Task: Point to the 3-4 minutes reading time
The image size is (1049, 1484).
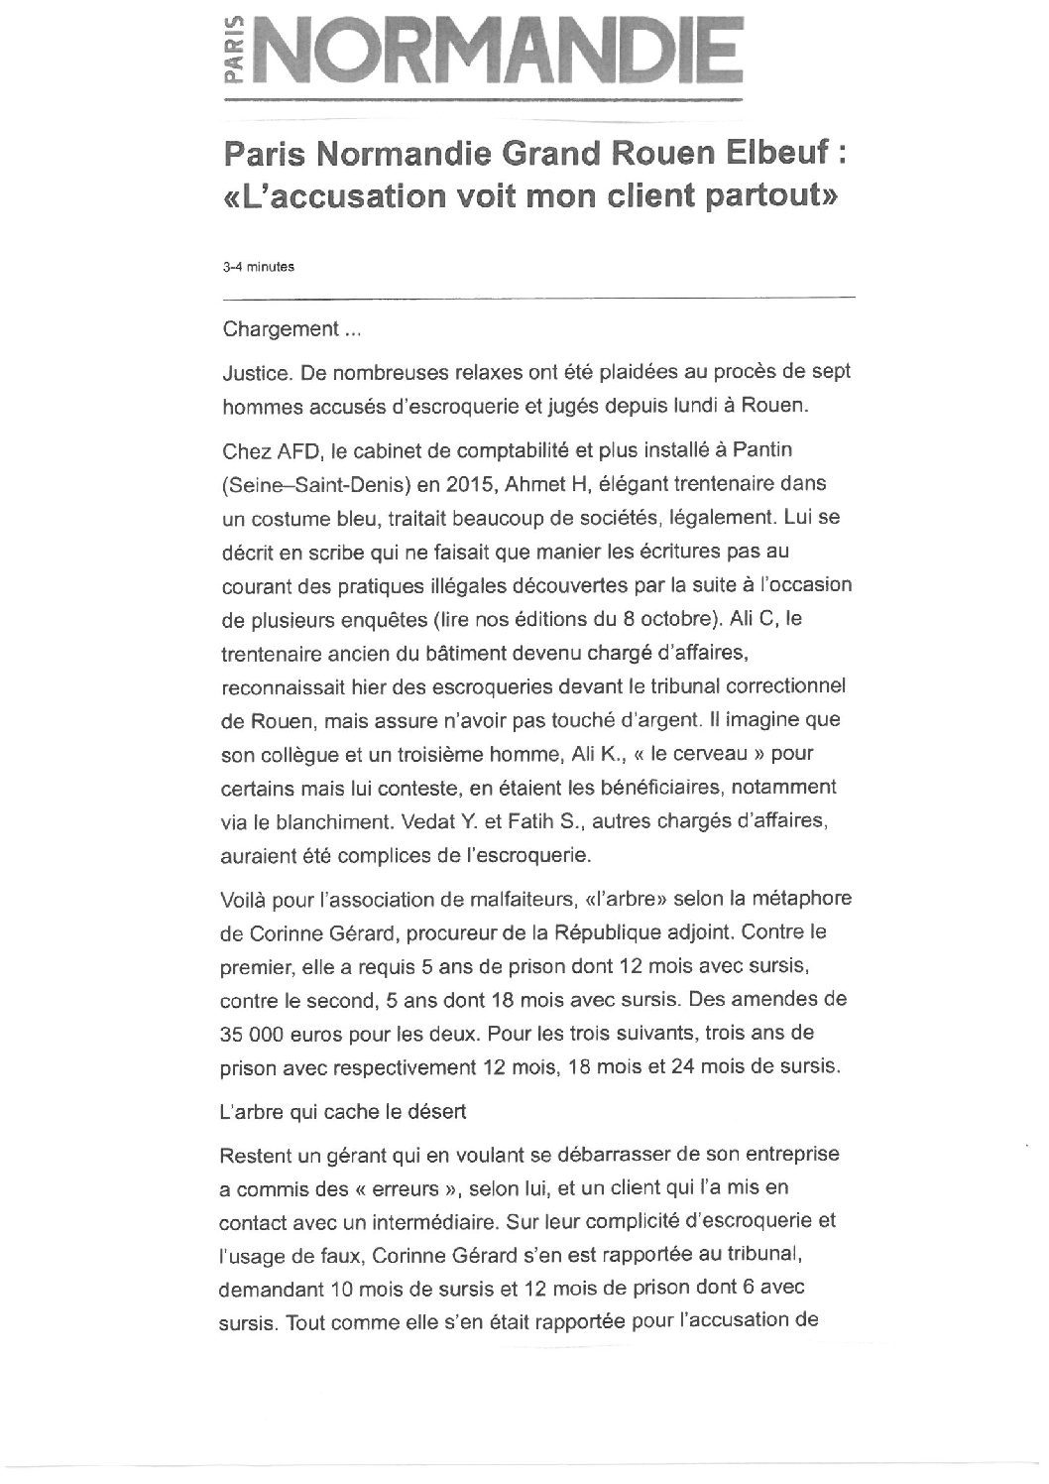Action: pyautogui.click(x=251, y=266)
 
